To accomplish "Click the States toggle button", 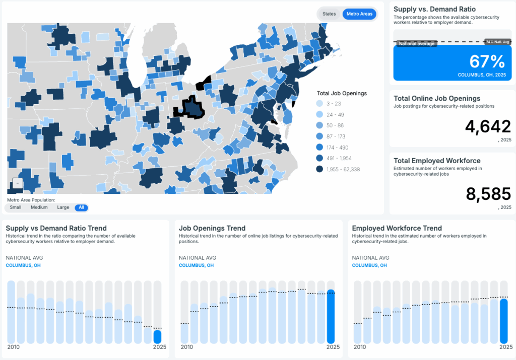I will pos(329,14).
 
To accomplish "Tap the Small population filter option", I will pos(16,207).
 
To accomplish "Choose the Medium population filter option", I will pos(39,207).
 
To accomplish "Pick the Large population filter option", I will pos(63,207).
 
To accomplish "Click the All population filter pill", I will pos(81,207).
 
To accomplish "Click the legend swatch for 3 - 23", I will pos(320,103).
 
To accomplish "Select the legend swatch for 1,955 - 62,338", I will pos(320,170).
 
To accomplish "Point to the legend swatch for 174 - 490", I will pos(320,148).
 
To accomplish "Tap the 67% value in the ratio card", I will pos(487,61).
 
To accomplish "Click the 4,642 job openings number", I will pos(488,127).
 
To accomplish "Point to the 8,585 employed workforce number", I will pos(488,194).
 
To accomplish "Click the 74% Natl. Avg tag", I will pos(497,42).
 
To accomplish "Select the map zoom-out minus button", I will pos(17,184).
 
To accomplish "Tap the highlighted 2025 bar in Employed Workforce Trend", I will pos(504,320).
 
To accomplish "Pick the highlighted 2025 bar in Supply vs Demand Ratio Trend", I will pos(157,336).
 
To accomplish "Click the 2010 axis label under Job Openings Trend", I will pos(186,347).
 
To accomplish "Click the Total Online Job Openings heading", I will pos(437,98).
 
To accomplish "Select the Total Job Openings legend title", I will pos(342,93).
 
